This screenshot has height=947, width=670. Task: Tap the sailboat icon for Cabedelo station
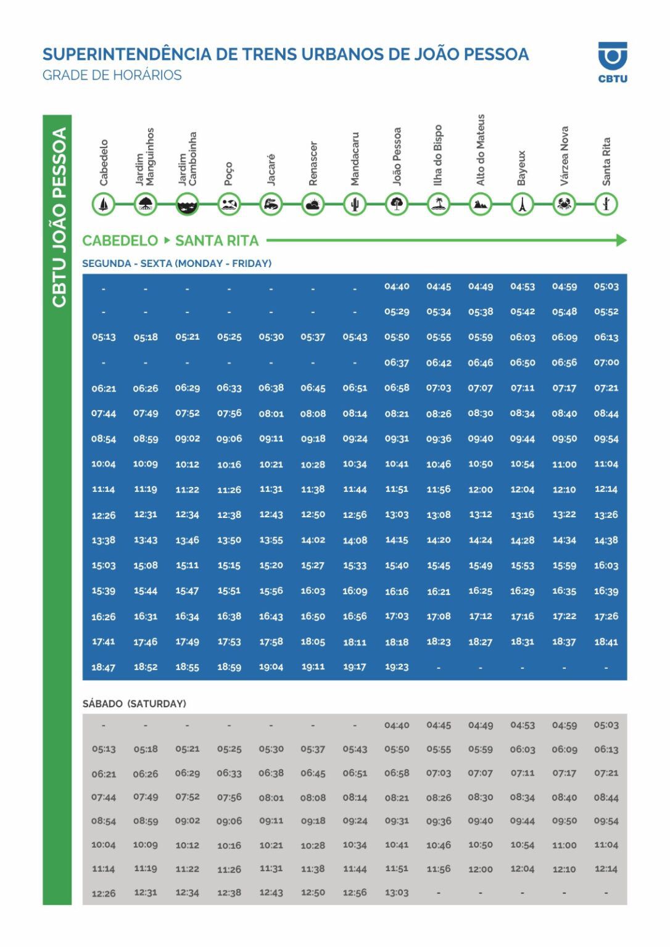coord(104,204)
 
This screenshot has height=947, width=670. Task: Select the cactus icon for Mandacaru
coord(355,204)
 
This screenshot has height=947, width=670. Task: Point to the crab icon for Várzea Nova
coord(564,204)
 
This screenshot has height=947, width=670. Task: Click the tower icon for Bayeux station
coord(522,204)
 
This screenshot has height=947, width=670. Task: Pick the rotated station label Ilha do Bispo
coord(438,155)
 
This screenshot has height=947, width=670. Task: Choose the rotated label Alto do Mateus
coord(481,150)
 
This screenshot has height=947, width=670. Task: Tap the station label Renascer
coord(313,163)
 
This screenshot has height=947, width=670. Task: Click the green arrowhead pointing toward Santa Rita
coord(621,240)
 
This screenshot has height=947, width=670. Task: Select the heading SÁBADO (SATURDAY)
coord(134,703)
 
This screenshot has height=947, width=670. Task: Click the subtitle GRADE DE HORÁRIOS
coord(112,75)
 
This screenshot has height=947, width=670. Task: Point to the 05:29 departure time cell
coord(397,312)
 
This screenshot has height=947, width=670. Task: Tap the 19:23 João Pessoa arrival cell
coord(397,666)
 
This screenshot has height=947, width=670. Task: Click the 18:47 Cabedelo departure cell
coord(104,667)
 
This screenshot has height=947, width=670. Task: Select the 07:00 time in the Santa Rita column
coord(606,363)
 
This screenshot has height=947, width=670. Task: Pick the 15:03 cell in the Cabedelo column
coord(104,565)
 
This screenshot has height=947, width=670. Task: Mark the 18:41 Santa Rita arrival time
coord(606,642)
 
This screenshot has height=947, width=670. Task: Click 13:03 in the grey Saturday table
coord(397,892)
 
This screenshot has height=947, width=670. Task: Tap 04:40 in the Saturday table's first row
coord(397,726)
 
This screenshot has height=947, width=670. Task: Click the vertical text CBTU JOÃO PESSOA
coord(59,217)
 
